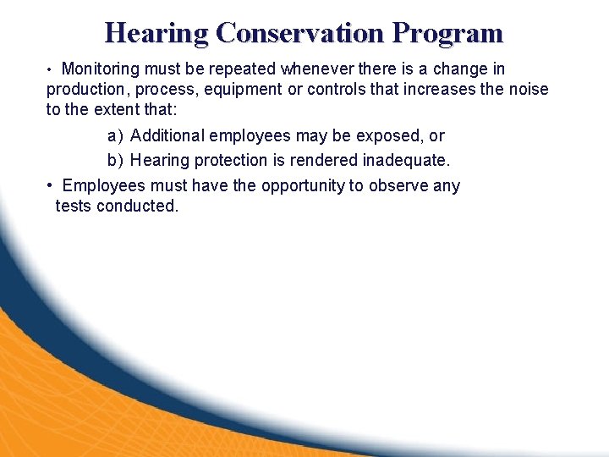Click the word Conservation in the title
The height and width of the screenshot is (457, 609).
pyautogui.click(x=300, y=33)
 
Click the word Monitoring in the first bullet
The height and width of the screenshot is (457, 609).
pyautogui.click(x=105, y=69)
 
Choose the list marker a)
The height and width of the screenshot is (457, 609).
pyautogui.click(x=115, y=136)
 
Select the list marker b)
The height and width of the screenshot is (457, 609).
pyautogui.click(x=115, y=160)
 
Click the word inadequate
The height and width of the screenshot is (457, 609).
pyautogui.click(x=408, y=160)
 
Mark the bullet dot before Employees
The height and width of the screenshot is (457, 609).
pyautogui.click(x=52, y=186)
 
